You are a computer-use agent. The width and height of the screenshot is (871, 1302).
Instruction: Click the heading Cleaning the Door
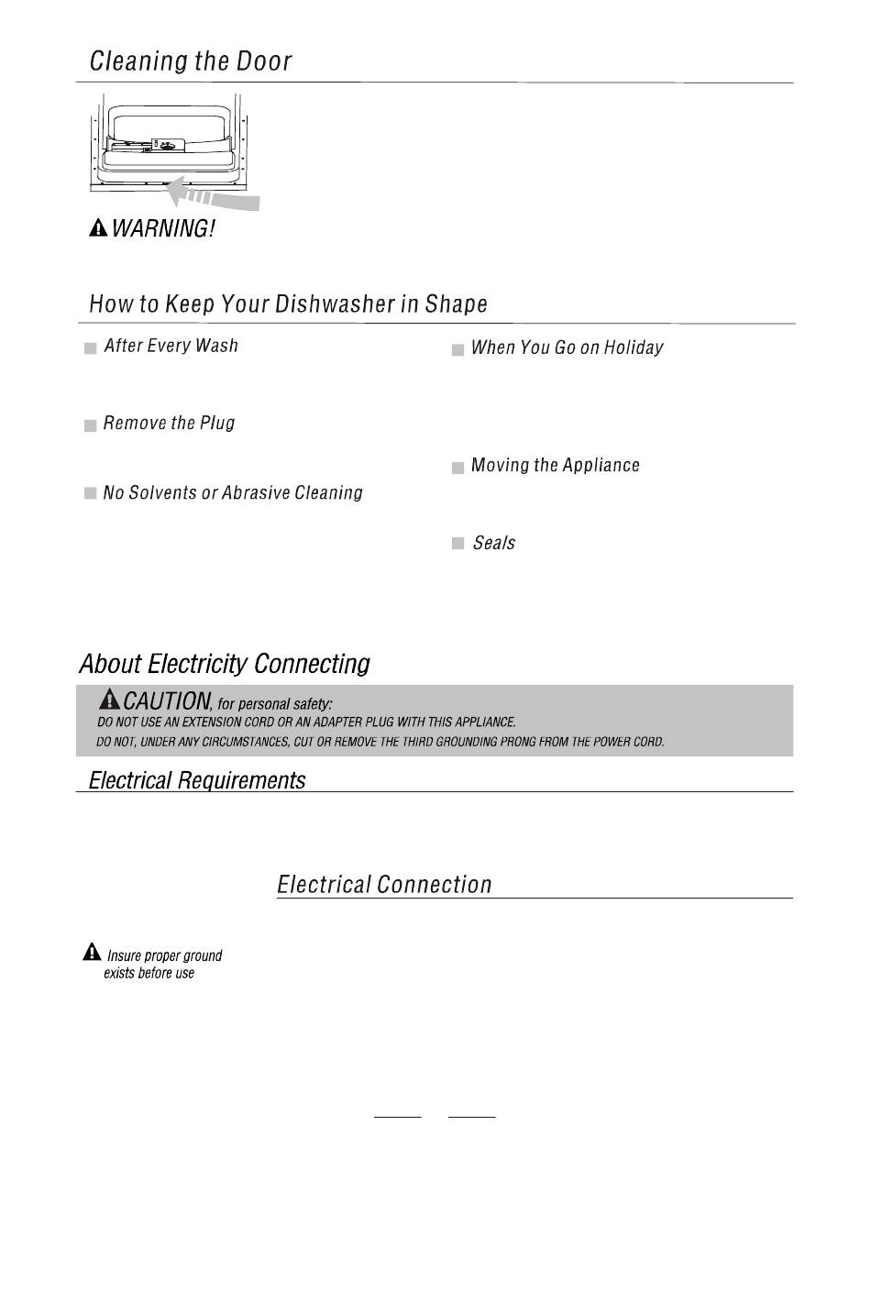click(x=191, y=61)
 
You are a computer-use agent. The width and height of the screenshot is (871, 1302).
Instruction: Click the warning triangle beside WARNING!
click(x=98, y=228)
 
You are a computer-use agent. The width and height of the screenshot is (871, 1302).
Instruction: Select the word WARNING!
click(x=163, y=228)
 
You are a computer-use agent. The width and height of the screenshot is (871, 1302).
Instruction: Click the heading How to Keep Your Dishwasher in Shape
click(x=288, y=303)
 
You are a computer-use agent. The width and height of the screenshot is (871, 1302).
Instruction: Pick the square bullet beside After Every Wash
click(x=91, y=348)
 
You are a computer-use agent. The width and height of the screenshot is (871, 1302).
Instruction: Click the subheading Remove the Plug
click(x=169, y=423)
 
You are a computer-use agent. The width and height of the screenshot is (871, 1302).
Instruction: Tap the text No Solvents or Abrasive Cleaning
click(x=233, y=493)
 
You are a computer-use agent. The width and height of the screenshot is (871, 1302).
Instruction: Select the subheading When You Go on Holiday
click(x=567, y=348)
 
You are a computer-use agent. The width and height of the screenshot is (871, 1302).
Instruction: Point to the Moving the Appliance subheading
click(x=555, y=466)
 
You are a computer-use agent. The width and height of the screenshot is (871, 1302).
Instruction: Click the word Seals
click(x=493, y=543)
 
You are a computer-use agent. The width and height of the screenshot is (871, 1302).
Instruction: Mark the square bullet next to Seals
click(x=458, y=545)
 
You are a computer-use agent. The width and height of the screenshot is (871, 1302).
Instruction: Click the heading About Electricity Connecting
click(x=225, y=664)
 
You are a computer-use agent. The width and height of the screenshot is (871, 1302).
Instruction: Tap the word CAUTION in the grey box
click(x=166, y=701)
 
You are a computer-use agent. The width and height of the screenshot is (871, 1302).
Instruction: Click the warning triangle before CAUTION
click(x=109, y=700)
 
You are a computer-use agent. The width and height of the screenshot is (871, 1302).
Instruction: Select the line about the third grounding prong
click(x=380, y=742)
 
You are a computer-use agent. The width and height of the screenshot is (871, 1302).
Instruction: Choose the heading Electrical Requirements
click(x=197, y=780)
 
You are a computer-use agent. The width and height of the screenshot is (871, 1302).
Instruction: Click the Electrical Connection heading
click(x=384, y=885)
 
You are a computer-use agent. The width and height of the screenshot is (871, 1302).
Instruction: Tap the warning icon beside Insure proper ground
click(x=92, y=953)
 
